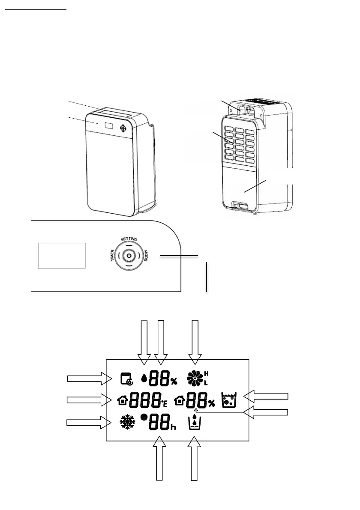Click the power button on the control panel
[x=128, y=256]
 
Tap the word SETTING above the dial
[x=129, y=239]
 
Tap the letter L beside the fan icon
[x=207, y=383]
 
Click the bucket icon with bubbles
[x=228, y=400]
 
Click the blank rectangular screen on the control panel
[x=62, y=255]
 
